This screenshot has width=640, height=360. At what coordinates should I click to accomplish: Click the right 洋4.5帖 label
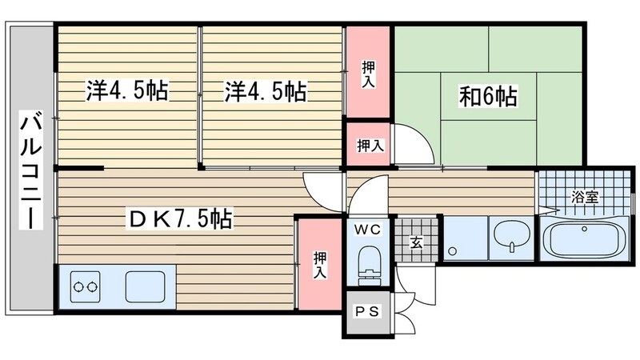click(265, 90)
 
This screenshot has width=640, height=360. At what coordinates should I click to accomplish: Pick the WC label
click(370, 230)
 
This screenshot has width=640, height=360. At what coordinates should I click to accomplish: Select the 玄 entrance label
click(416, 242)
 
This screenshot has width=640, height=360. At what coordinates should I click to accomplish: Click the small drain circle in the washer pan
click(453, 251)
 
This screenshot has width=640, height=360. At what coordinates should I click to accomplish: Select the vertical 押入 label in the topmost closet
click(367, 74)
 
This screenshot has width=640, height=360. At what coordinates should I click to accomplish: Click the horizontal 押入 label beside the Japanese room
click(369, 146)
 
